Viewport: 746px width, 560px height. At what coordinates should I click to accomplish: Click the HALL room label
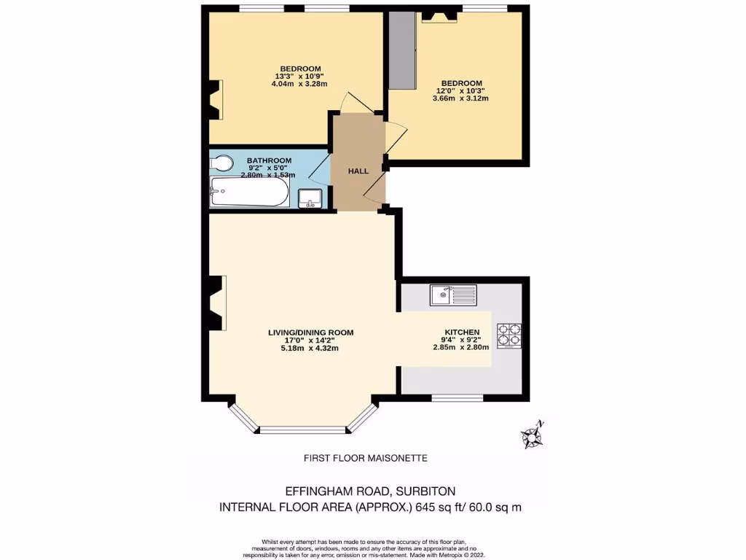358,171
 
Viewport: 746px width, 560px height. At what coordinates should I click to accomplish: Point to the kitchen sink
452,295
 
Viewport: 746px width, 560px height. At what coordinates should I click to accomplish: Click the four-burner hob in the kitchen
509,334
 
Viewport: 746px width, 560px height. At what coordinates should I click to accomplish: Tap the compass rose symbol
532,435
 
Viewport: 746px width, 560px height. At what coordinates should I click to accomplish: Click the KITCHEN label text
462,332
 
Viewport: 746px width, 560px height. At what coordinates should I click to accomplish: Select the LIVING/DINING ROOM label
310,332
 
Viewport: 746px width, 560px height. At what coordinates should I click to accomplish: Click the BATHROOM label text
269,160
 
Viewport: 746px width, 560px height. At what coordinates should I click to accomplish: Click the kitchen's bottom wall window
458,398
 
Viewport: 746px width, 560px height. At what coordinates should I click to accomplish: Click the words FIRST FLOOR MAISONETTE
365,458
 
